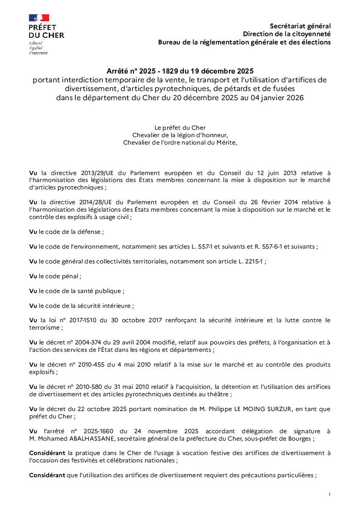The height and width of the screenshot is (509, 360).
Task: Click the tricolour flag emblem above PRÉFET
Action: (39, 18)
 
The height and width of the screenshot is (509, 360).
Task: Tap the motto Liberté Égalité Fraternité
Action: (38, 48)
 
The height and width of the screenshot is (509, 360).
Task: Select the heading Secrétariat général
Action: (300, 26)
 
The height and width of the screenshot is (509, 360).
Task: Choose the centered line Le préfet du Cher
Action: (180, 128)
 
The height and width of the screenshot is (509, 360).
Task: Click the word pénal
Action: (71, 276)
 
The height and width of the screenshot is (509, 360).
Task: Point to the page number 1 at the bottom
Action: (330, 494)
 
